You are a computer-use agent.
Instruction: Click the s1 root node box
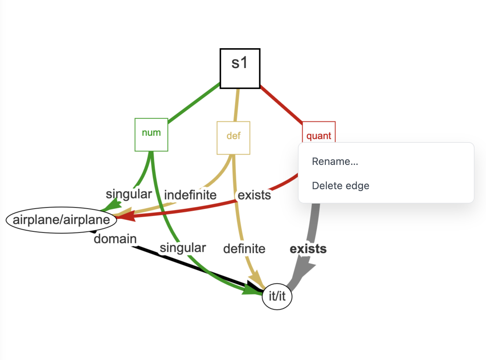240,68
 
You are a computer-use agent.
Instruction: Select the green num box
151,134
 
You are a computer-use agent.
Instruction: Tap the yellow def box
233,138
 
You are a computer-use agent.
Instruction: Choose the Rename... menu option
335,162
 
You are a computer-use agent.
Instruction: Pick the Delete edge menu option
340,186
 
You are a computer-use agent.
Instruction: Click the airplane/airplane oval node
61,220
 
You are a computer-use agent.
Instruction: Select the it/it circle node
277,296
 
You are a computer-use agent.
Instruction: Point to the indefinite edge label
190,195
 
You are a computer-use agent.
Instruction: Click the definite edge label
244,249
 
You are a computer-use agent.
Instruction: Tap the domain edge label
115,239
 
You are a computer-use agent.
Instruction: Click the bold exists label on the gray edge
308,249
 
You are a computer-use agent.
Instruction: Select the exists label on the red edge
254,195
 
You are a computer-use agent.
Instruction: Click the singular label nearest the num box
128,194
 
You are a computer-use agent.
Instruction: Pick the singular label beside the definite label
183,248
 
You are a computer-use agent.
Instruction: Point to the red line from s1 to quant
281,105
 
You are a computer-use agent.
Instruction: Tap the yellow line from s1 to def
237,105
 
